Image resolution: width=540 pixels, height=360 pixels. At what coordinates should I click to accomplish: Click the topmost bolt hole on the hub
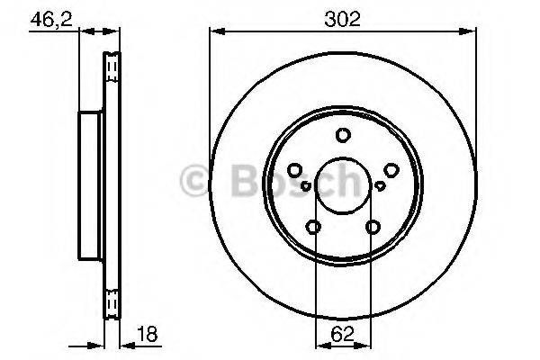(343, 136)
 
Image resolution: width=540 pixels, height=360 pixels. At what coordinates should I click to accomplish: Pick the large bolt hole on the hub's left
(295, 170)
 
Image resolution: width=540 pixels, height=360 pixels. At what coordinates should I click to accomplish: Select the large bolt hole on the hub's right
(391, 170)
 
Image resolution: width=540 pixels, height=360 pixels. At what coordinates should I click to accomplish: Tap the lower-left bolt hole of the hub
(313, 227)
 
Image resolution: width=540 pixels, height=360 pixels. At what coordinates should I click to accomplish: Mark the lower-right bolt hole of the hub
(373, 227)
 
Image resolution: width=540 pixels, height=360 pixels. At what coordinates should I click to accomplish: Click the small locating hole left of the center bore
(306, 186)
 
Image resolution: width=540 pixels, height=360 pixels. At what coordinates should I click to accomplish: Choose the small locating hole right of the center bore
(380, 186)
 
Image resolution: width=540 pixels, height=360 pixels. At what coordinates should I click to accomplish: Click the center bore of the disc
(343, 186)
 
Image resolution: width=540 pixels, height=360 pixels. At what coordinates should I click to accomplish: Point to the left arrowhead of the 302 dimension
(214, 32)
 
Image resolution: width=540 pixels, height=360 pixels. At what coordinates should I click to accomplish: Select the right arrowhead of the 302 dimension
(472, 32)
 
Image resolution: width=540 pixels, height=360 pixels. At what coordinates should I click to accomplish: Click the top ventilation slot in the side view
(112, 68)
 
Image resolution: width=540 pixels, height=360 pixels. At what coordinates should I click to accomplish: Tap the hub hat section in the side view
(91, 184)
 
